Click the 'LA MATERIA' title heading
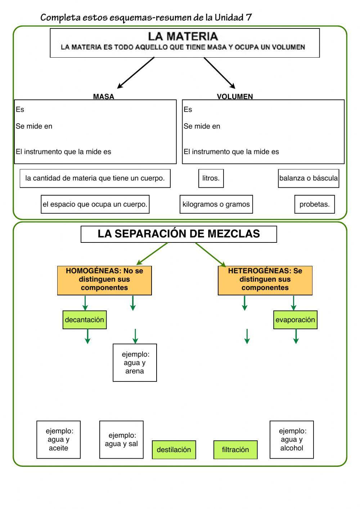[x=183, y=36]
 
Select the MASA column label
[x=103, y=97]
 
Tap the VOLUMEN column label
[x=235, y=97]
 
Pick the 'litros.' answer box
[x=211, y=178]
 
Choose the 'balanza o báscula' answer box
[x=309, y=178]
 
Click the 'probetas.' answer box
[x=314, y=204]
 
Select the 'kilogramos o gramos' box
[x=216, y=204]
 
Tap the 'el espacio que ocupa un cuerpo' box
[x=95, y=204]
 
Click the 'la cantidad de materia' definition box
[x=95, y=178]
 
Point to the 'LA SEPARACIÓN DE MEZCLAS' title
[x=179, y=234]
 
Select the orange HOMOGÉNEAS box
[x=104, y=280]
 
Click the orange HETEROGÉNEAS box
[x=265, y=280]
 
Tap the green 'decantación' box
[x=85, y=320]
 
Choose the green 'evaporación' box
[x=295, y=320]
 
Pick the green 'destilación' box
[x=174, y=450]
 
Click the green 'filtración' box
[x=235, y=450]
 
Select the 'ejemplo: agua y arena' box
[x=135, y=362]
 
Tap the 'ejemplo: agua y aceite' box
[x=58, y=439]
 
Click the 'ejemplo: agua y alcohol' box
[x=292, y=439]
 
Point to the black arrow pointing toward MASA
[x=136, y=72]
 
